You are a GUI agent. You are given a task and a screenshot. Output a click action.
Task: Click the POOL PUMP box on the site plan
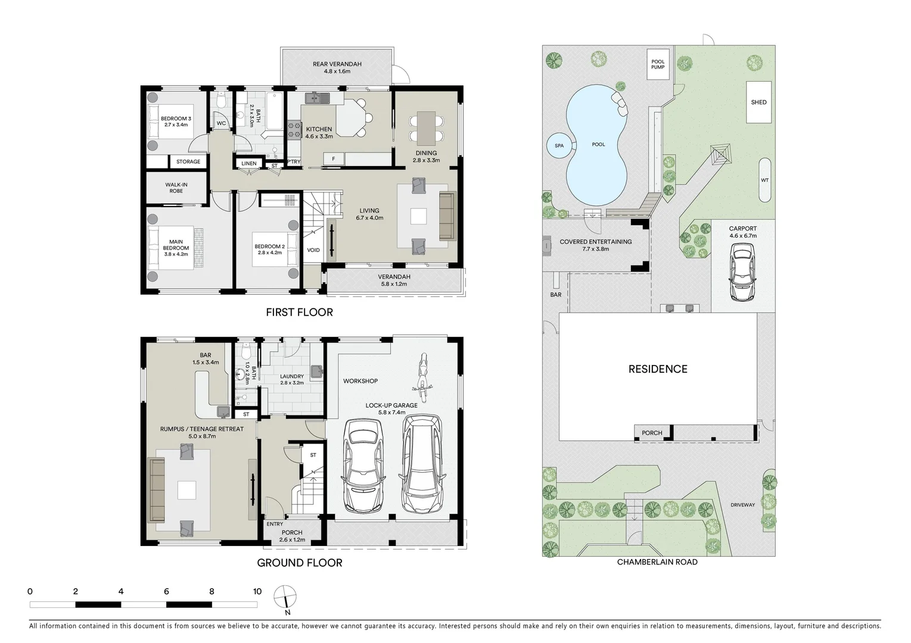(x=658, y=64)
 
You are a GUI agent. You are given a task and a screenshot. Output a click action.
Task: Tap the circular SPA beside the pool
(x=559, y=145)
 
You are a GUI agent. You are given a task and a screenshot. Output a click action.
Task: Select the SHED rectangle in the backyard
(x=758, y=102)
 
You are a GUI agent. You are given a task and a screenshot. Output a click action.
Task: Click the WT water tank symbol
(x=764, y=180)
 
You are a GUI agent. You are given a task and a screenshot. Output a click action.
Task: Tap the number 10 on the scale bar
(x=257, y=591)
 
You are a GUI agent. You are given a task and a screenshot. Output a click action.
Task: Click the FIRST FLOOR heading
(x=299, y=312)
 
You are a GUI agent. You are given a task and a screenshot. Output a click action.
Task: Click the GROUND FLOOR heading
(x=299, y=563)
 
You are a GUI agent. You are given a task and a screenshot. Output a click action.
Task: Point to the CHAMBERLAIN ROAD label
(x=657, y=562)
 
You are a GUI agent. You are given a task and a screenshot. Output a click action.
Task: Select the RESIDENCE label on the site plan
(x=658, y=369)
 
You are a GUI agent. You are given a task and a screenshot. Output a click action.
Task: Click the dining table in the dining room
(x=426, y=127)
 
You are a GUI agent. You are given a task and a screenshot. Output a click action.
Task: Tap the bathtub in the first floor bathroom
(x=275, y=111)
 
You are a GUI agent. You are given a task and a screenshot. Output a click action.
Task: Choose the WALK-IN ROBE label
(x=176, y=188)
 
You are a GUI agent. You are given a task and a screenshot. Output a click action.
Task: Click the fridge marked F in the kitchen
(x=333, y=158)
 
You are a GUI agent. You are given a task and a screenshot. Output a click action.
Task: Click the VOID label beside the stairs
(x=313, y=250)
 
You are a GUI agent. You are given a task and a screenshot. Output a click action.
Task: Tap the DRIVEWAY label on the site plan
(x=742, y=505)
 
